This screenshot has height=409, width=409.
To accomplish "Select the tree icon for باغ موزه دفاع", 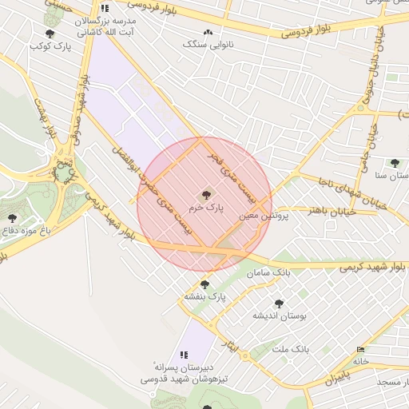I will (11, 217).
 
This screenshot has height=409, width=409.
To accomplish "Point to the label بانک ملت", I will (289, 349).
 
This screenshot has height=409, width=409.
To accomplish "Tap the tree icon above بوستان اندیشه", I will (278, 304).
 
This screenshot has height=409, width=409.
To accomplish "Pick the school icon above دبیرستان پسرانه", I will (184, 354).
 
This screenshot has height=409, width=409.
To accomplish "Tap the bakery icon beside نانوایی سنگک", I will (208, 33).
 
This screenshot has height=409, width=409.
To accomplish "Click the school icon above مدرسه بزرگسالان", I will (105, 8).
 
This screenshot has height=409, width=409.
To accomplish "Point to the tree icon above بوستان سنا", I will (394, 163).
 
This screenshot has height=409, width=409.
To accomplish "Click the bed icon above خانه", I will (361, 349).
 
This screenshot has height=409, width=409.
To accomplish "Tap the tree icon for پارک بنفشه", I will (204, 284).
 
